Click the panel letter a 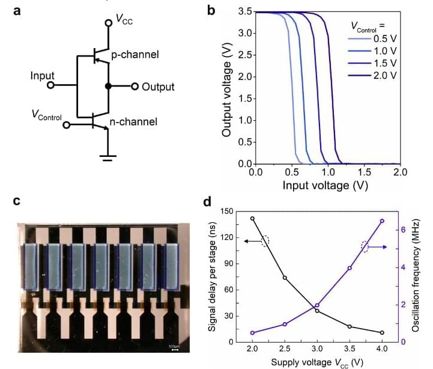click(x=17, y=11)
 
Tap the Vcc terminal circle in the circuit click(x=108, y=23)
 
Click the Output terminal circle click(x=135, y=86)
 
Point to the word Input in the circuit click(x=43, y=76)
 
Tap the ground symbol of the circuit click(x=108, y=157)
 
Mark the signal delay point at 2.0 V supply click(x=252, y=219)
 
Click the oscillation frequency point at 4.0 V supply click(x=382, y=221)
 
